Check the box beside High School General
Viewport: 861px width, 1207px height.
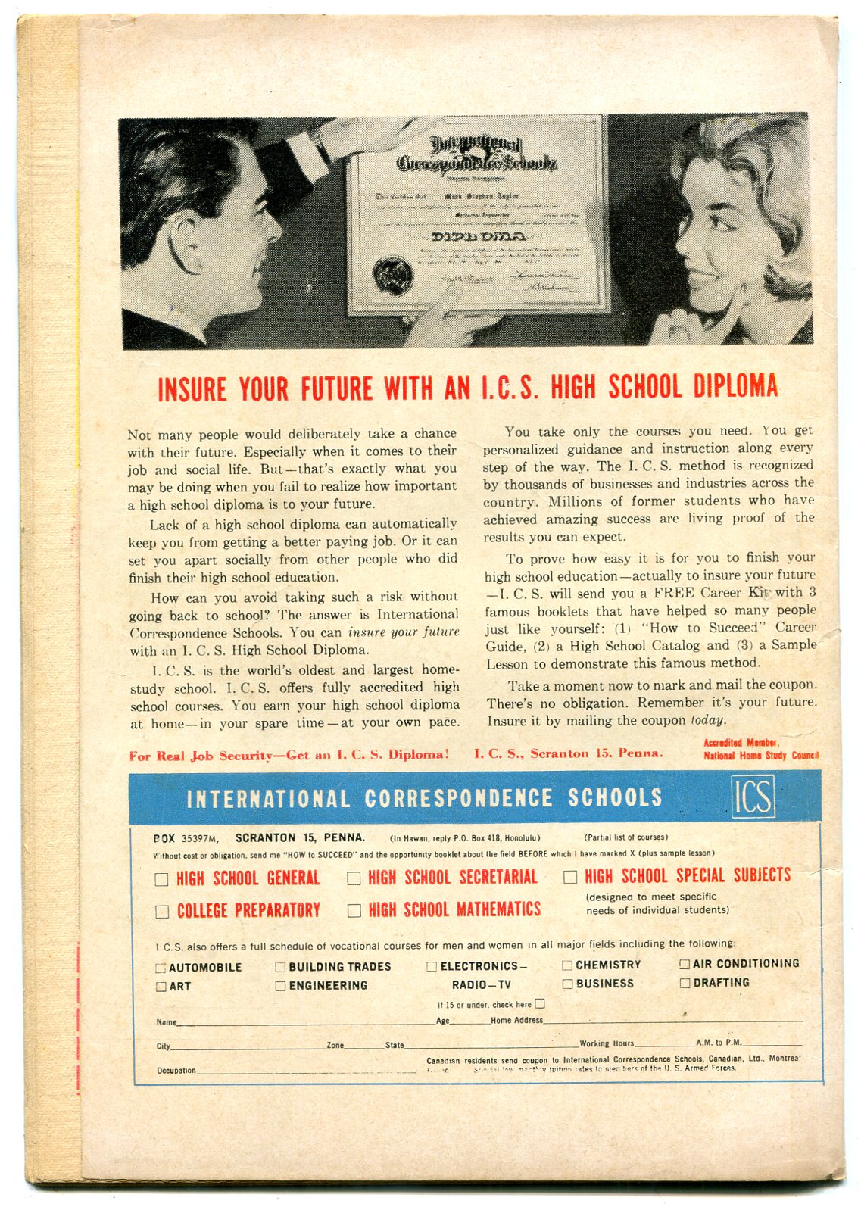(x=161, y=879)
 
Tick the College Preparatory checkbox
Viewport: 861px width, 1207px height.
(x=161, y=912)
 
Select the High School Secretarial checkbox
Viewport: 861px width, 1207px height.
(x=354, y=878)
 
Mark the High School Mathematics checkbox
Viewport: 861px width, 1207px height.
(x=354, y=911)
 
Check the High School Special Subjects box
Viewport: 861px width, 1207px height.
(x=570, y=877)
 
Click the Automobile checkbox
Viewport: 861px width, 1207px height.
(x=161, y=968)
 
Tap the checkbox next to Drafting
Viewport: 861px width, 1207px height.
(x=685, y=983)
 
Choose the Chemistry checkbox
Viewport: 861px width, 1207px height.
(x=567, y=965)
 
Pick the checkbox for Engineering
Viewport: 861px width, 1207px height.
(x=280, y=986)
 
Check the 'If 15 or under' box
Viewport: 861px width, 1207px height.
(x=539, y=1004)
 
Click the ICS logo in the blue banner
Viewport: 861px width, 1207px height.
(x=753, y=797)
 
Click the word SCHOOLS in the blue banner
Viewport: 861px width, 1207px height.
(x=614, y=798)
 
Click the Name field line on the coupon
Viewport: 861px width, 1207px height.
(x=303, y=1023)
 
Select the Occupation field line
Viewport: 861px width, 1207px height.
(x=303, y=1071)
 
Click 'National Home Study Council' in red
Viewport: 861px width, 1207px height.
(x=760, y=756)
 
